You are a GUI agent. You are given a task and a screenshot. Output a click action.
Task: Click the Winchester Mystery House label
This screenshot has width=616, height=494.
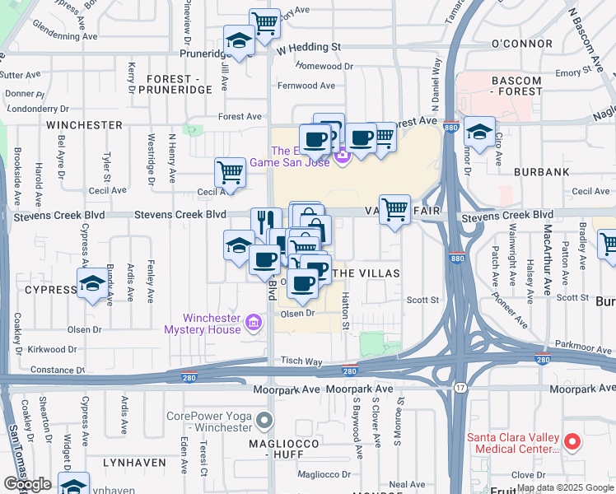tap(212, 324)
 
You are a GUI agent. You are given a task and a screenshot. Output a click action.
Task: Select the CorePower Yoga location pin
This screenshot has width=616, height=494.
tap(264, 422)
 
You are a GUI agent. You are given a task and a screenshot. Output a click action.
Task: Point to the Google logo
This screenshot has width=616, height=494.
tap(26, 484)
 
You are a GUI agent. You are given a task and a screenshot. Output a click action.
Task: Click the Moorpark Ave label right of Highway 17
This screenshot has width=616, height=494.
tap(582, 387)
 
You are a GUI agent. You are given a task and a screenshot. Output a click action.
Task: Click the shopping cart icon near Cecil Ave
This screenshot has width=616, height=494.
tap(230, 172)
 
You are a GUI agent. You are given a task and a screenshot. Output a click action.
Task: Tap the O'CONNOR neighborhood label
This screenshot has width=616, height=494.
tap(520, 43)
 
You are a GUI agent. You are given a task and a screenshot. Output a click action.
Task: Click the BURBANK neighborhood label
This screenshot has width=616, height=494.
tap(541, 172)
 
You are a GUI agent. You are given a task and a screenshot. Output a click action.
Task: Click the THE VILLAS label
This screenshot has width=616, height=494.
tap(368, 273)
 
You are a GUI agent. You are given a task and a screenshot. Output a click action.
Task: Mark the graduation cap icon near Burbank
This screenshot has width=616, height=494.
tap(479, 131)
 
